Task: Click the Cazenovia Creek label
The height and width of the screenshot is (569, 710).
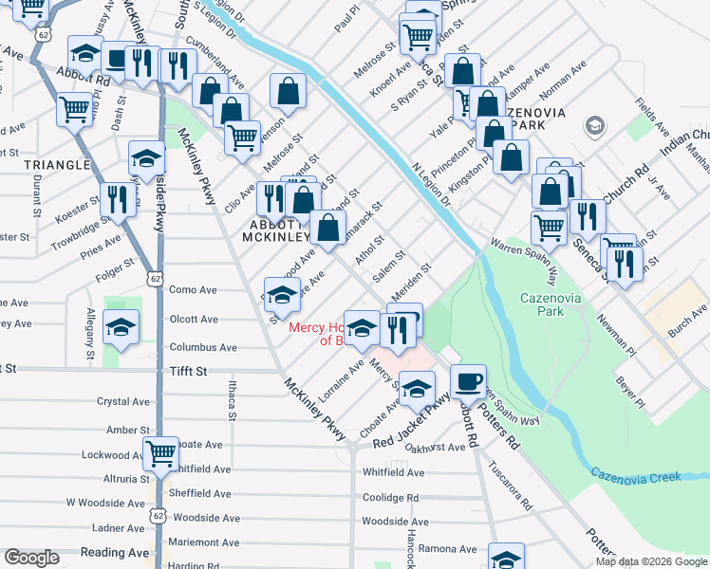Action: tap(636, 473)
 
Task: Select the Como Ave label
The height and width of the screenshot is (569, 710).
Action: tap(194, 290)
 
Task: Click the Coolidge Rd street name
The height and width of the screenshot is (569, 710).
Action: tap(390, 497)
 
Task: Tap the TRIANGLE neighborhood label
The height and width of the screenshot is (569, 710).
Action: tap(57, 164)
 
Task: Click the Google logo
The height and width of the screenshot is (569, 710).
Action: tap(31, 558)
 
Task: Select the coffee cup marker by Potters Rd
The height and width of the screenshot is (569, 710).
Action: tap(467, 381)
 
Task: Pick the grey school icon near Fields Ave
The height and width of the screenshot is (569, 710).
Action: tap(594, 126)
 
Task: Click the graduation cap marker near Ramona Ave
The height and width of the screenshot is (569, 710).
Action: tap(506, 558)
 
